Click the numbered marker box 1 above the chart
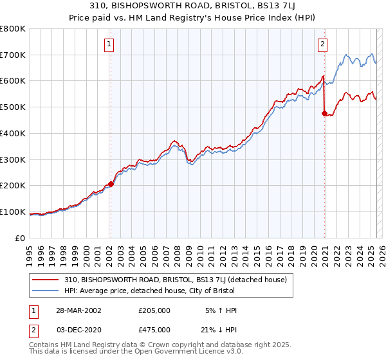pos(110,44)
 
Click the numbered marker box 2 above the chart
pos(322,44)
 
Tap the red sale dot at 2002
pos(111,184)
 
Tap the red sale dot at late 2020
pos(324,113)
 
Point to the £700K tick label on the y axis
pos(13,55)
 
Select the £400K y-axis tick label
pos(13,134)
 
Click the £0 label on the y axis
pos(21,238)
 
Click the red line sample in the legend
pos(46,280)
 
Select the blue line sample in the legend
pos(46,291)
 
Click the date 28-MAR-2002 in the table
pos(78,310)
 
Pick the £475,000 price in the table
pos(154,330)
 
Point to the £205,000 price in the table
pos(154,310)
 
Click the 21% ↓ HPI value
pos(219,330)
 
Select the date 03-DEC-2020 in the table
pos(78,330)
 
